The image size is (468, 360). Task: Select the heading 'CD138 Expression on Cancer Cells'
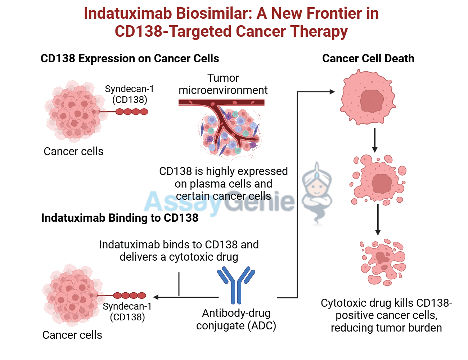pos(130,58)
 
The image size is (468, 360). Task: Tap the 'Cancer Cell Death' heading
pos(368,58)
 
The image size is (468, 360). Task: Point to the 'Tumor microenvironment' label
pos(223,84)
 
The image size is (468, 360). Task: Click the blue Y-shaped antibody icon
pos(236,284)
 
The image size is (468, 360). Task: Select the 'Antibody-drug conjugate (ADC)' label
pos(236,319)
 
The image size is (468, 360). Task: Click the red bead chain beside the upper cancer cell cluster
pos(131,112)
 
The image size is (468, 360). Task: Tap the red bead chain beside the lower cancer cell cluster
pos(130,296)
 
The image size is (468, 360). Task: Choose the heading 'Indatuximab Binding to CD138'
pos(120,218)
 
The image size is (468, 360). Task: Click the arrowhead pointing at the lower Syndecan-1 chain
pos(156,297)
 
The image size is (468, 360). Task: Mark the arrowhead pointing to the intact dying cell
pos(332,92)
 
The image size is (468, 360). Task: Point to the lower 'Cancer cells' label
pos(72,335)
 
